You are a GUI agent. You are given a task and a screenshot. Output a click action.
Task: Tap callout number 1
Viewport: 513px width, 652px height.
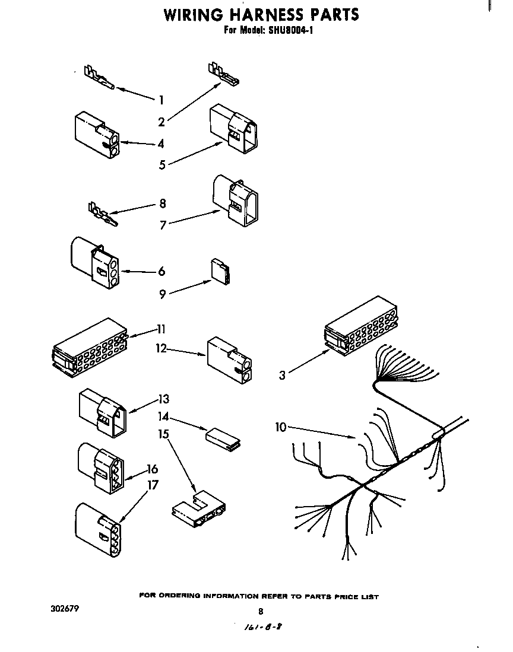pyautogui.click(x=161, y=100)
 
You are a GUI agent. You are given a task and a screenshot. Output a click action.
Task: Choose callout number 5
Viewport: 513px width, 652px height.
pyautogui.click(x=162, y=165)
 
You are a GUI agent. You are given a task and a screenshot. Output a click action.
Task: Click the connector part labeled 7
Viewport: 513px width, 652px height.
pyautogui.click(x=235, y=201)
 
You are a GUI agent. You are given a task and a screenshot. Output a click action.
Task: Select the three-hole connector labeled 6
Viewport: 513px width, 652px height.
pyautogui.click(x=95, y=263)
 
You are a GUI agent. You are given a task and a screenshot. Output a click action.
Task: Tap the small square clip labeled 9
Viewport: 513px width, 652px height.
pyautogui.click(x=221, y=271)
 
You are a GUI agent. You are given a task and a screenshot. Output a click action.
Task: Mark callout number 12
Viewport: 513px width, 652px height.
pyautogui.click(x=161, y=348)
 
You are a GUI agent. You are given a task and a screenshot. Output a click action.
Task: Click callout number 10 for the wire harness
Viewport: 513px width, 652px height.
pyautogui.click(x=281, y=427)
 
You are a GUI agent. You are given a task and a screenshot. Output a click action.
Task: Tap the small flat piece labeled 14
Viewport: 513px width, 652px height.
pyautogui.click(x=222, y=437)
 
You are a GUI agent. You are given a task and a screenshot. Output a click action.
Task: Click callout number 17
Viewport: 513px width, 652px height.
pyautogui.click(x=153, y=485)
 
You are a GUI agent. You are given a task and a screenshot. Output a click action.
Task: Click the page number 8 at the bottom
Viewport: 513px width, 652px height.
pyautogui.click(x=259, y=612)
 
